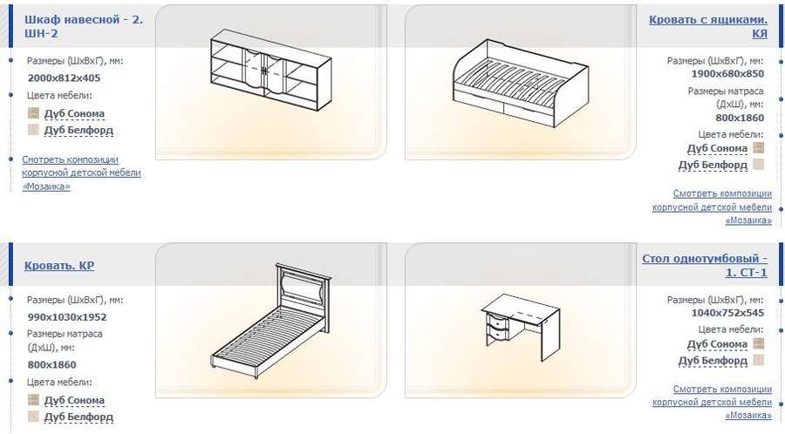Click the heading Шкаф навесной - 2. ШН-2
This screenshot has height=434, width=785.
[x=84, y=26]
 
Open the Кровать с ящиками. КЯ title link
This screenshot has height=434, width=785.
[x=708, y=26]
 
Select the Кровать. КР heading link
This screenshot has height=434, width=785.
[x=59, y=266]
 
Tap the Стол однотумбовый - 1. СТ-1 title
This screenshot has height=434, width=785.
[x=705, y=266]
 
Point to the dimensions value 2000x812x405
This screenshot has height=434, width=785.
[x=64, y=78]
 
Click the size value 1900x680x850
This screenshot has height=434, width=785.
[x=727, y=74]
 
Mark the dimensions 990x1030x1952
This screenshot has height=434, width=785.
[x=67, y=317]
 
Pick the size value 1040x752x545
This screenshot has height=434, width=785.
[x=727, y=313]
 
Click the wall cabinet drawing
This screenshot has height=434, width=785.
[x=271, y=70]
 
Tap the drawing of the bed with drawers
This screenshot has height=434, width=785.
[x=521, y=84]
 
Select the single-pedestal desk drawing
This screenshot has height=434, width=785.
[x=521, y=327]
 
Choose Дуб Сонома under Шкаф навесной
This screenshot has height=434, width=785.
[x=74, y=114]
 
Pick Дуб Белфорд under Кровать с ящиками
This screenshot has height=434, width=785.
[x=713, y=165]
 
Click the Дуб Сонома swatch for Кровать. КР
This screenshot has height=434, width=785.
[x=33, y=399]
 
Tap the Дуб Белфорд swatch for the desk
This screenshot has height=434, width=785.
[x=759, y=360]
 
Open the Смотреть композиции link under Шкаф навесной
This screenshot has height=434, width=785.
[x=81, y=173]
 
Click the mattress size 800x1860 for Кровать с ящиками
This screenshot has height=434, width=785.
[x=740, y=118]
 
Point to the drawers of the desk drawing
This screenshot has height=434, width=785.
[x=498, y=327]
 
